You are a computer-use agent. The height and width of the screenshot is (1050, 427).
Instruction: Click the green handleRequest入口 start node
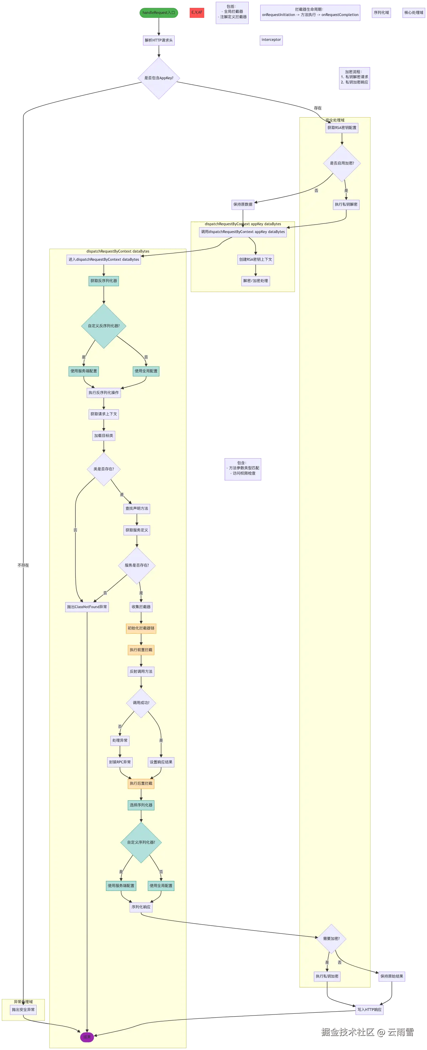(x=159, y=13)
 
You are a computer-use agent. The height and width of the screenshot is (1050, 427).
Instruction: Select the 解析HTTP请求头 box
(x=159, y=40)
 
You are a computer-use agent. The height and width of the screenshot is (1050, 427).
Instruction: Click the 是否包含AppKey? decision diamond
(x=159, y=78)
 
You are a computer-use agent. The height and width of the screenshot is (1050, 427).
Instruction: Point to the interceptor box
(x=272, y=40)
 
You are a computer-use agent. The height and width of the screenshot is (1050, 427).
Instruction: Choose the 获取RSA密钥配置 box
(x=342, y=128)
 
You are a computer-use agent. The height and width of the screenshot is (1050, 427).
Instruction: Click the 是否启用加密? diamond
(x=342, y=163)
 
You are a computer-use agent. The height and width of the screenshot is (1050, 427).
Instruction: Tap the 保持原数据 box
(x=243, y=204)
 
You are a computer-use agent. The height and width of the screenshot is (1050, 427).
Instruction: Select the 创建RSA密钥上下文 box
(x=255, y=260)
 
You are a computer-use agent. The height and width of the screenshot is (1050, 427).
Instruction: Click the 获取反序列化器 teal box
(x=104, y=281)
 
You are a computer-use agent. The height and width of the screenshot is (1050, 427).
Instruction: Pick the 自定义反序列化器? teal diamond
(x=104, y=326)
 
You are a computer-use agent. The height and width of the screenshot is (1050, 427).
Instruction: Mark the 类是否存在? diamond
(x=104, y=469)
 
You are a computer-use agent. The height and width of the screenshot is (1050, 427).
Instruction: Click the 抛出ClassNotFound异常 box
(x=87, y=607)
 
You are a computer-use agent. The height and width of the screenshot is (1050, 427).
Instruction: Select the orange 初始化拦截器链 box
(x=141, y=628)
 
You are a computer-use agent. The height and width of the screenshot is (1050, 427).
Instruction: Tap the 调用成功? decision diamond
(x=141, y=703)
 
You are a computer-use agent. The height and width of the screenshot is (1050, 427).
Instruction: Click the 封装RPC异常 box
(x=120, y=762)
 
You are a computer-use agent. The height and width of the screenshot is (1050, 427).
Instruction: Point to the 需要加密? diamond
(x=332, y=938)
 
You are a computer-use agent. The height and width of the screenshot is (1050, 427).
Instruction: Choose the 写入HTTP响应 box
(x=369, y=1010)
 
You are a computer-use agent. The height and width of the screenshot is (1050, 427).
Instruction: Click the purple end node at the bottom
(x=87, y=1037)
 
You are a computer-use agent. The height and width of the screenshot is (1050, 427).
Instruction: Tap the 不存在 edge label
(x=24, y=565)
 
